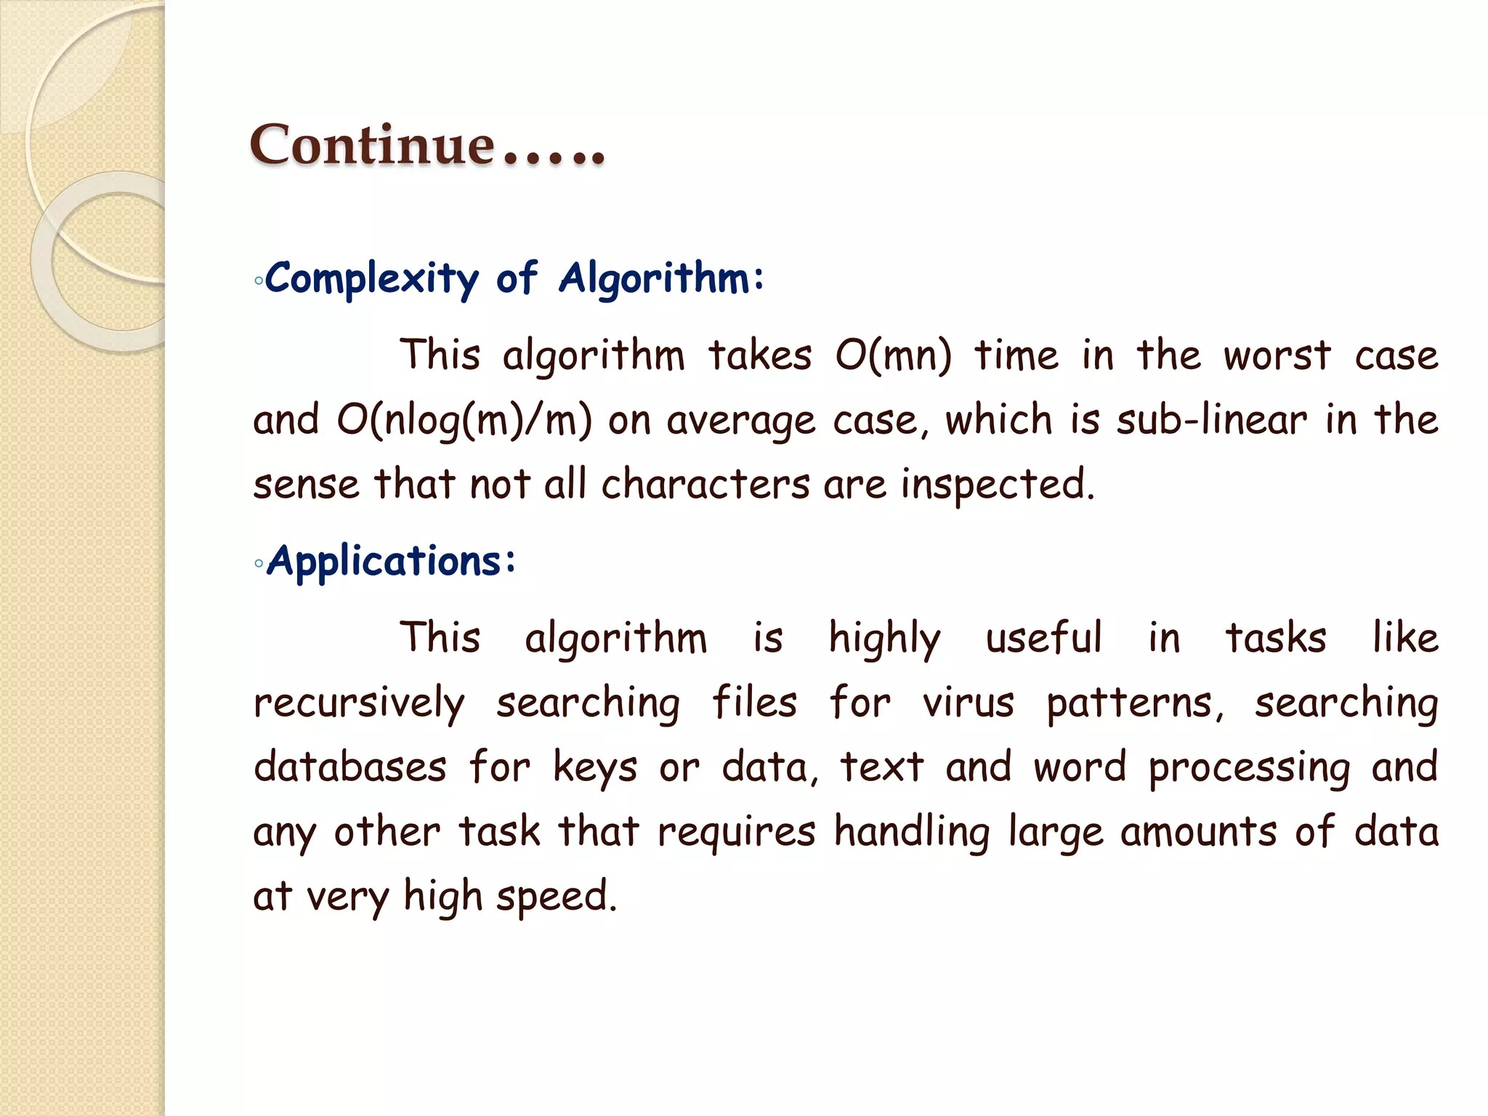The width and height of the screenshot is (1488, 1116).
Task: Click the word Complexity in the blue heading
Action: tap(371, 279)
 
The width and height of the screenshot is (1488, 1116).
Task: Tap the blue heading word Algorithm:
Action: tap(661, 279)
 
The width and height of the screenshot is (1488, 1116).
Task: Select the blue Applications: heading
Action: tap(392, 562)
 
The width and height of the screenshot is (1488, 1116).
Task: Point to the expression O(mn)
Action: tap(893, 356)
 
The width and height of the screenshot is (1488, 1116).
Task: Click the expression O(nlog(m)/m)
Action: tap(464, 421)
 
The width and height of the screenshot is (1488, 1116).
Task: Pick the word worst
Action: tap(1277, 356)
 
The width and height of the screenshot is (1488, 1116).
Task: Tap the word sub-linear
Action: tap(1211, 421)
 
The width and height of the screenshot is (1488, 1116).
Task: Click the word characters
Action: tap(705, 485)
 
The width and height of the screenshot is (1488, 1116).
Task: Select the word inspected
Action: tap(997, 485)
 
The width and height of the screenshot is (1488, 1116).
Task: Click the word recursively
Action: tap(359, 703)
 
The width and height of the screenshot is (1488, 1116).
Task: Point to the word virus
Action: tap(968, 703)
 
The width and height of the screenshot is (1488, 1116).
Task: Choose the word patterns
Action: tap(1134, 703)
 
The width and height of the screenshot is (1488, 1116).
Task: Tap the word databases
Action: tap(349, 767)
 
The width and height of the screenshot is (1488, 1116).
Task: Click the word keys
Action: tap(595, 767)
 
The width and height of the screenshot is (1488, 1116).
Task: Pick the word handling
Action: tap(911, 832)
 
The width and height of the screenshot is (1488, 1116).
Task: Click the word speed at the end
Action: tap(556, 897)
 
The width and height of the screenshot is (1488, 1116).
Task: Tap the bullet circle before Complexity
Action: tap(259, 280)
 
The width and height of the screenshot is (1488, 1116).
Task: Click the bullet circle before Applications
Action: tap(259, 563)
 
